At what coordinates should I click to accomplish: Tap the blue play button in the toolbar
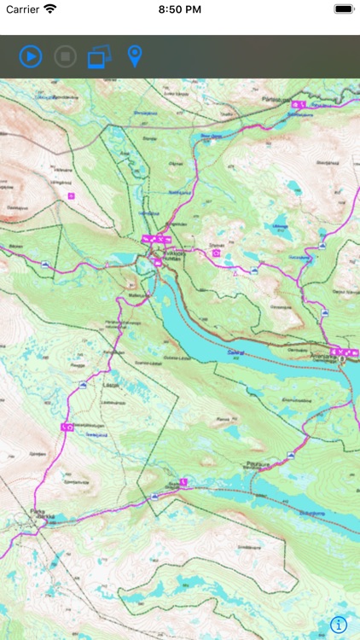[x=31, y=57]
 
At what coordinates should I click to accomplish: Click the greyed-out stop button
[x=65, y=57]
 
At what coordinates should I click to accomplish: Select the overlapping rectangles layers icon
[x=99, y=57]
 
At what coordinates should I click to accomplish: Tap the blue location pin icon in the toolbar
[x=134, y=57]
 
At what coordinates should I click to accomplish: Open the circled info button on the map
[x=339, y=624]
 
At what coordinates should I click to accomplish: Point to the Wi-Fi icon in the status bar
[x=50, y=9]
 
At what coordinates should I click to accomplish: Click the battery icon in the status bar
[x=344, y=9]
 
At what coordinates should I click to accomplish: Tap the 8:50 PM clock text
[x=179, y=9]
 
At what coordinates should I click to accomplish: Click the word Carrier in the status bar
[x=21, y=9]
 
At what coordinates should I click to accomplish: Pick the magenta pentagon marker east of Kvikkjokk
[x=217, y=253]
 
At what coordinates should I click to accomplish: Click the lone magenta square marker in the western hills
[x=71, y=195]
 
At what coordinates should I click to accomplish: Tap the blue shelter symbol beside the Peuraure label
[x=291, y=456]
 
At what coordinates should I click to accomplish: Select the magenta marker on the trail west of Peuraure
[x=183, y=482]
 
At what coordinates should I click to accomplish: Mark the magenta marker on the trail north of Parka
[x=65, y=426]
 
